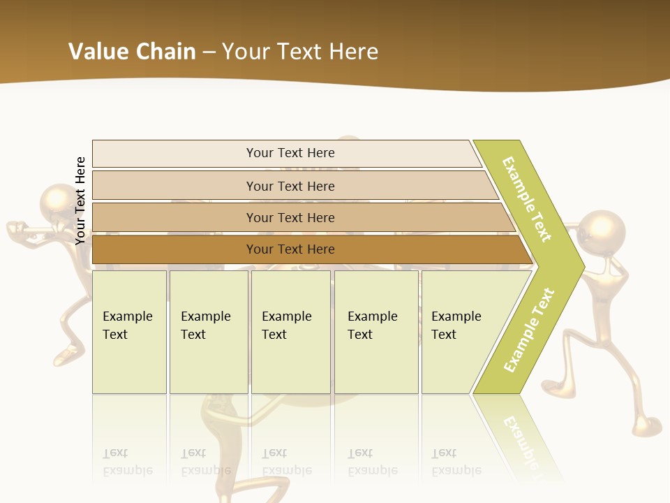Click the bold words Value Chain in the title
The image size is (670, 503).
click(132, 52)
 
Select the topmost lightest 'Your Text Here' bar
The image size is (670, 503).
click(290, 153)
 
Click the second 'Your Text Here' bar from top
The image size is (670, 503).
click(290, 186)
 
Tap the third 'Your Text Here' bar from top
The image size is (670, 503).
click(290, 217)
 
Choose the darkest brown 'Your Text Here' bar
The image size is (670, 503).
click(290, 249)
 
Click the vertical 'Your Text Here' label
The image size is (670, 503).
click(80, 201)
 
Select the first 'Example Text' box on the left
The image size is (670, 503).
click(129, 331)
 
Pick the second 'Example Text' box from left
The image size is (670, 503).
click(208, 331)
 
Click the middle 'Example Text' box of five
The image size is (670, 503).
click(290, 331)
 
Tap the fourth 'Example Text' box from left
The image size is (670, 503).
click(375, 331)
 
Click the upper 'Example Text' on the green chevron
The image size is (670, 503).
click(527, 199)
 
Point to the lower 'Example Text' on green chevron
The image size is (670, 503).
click(529, 330)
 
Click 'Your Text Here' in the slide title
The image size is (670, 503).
click(300, 52)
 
